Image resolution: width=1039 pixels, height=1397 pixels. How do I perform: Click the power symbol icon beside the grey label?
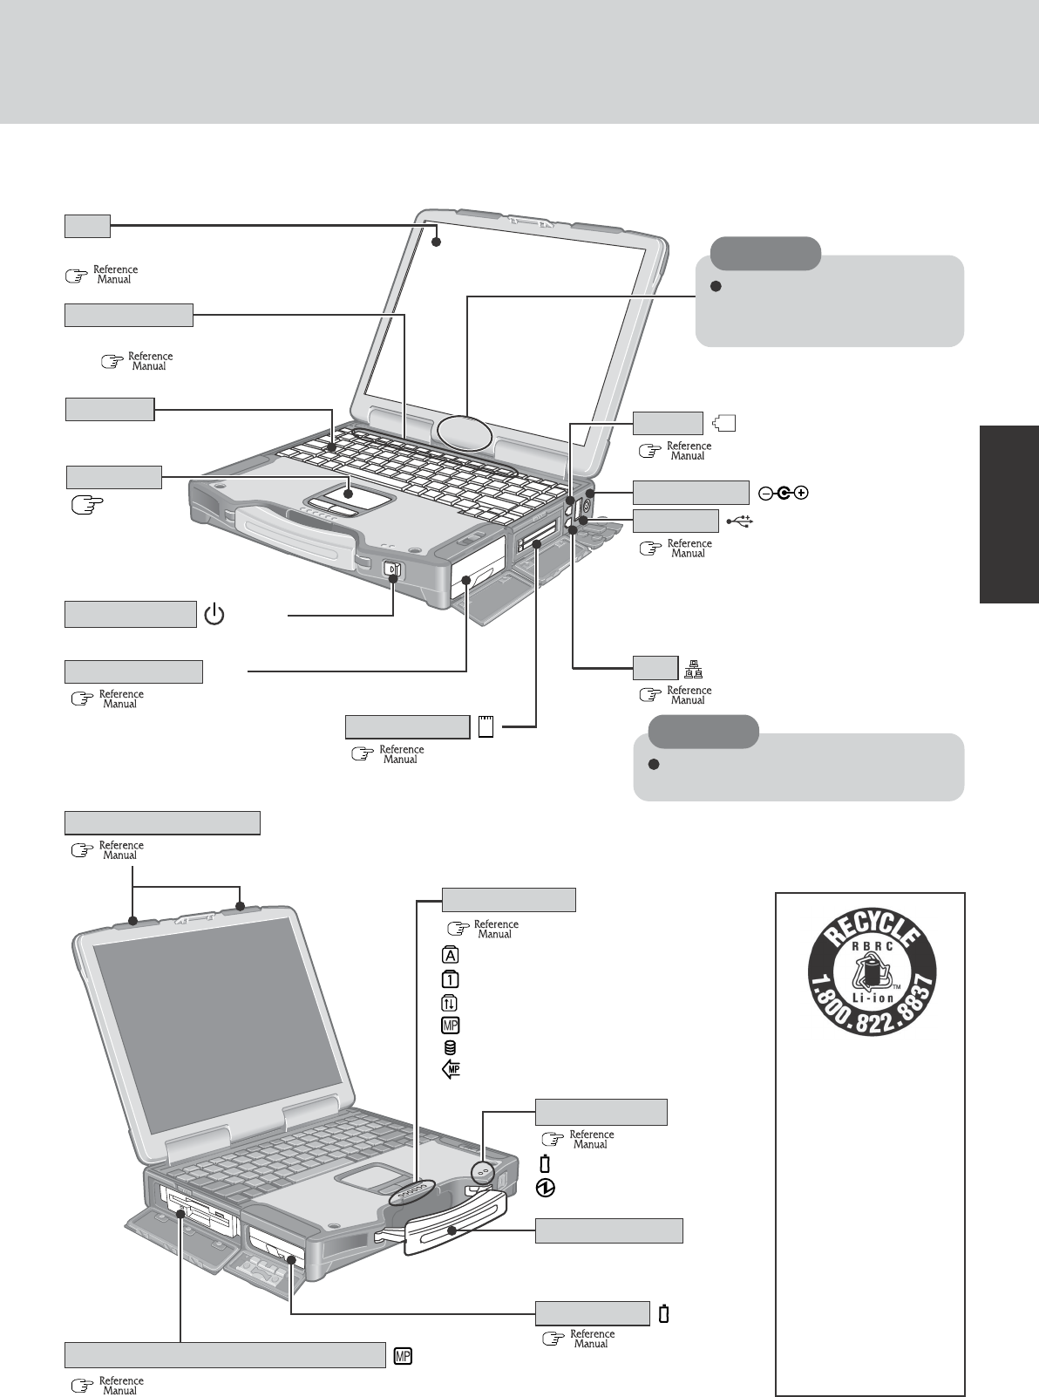[214, 616]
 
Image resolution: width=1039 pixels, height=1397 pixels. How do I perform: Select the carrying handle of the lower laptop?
[453, 1230]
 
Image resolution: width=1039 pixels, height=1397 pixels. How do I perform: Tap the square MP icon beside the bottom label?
[403, 1356]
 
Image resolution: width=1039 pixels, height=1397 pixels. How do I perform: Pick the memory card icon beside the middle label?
[486, 726]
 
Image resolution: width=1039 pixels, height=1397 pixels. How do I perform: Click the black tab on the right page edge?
[1008, 514]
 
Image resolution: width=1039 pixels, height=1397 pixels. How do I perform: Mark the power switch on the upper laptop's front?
[393, 570]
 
